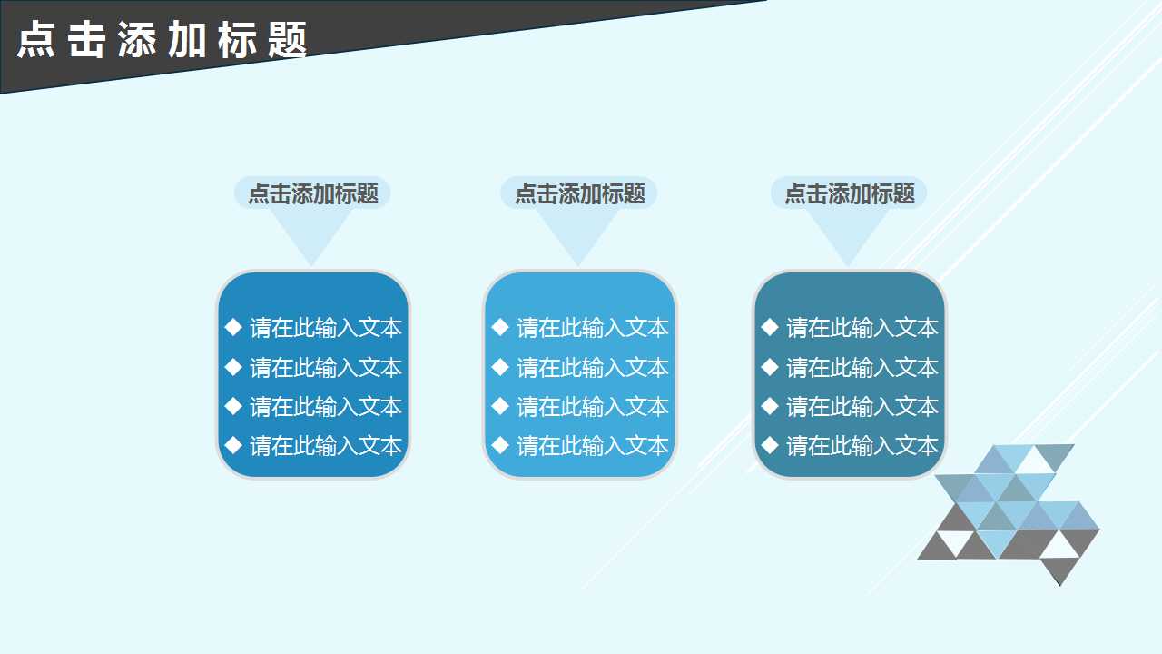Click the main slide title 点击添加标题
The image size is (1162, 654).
click(163, 40)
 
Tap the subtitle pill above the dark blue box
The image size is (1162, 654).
click(312, 193)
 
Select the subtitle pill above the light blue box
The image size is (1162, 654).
click(579, 193)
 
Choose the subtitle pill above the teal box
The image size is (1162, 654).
click(849, 193)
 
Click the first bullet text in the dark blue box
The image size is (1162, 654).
click(326, 328)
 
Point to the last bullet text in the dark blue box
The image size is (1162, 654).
click(326, 446)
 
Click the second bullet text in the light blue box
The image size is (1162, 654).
click(593, 368)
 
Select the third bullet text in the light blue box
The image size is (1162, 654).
click(593, 407)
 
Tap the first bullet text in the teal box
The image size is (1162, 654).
click(862, 328)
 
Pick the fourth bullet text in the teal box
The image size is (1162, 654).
click(862, 446)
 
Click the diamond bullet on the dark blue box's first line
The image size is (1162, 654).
click(233, 327)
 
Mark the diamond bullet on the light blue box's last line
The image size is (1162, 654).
click(500, 445)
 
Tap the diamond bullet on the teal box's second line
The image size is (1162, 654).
click(770, 367)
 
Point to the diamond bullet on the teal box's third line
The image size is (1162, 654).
click(770, 406)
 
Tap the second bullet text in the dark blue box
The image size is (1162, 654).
click(326, 368)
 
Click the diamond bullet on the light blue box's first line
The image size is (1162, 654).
click(500, 327)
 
